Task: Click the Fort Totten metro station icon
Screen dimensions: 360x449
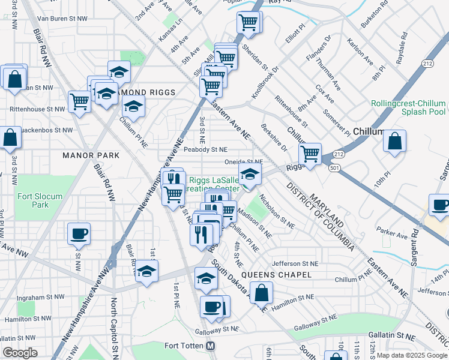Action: [210, 346]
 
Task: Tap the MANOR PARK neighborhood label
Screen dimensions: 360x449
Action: [91, 155]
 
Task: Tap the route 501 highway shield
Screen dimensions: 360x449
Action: [335, 168]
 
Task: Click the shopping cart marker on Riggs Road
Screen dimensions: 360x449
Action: [310, 154]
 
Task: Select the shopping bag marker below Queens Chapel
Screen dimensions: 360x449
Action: [262, 293]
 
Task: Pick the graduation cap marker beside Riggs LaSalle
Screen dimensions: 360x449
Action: [250, 175]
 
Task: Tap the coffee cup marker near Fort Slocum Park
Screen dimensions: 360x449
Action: [79, 233]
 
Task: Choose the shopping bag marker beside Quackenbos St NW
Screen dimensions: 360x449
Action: [10, 137]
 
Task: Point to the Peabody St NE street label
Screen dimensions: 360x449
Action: [206, 149]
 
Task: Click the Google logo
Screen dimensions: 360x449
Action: [20, 353]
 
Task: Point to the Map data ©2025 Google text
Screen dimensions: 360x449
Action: [411, 355]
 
